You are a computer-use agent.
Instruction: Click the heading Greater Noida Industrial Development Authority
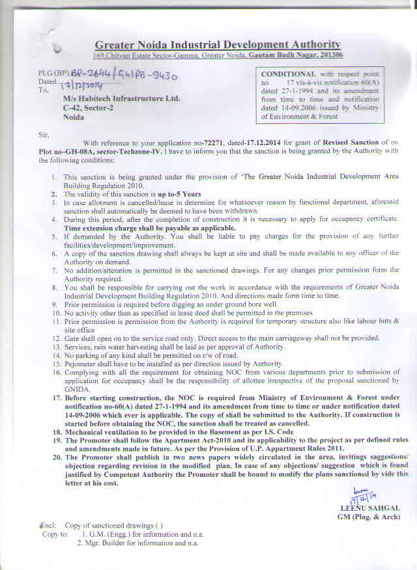tap(218, 44)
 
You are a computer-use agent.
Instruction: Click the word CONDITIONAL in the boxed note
tap(289, 74)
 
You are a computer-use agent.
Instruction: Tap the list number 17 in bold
tap(56, 397)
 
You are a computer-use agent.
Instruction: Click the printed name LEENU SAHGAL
tap(369, 508)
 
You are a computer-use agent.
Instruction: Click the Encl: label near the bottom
tap(48, 525)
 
